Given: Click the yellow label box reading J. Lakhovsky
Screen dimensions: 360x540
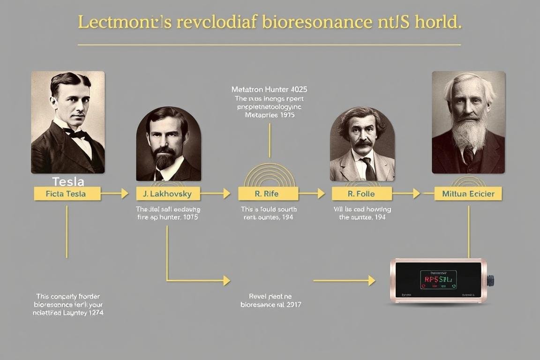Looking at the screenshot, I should tap(168, 194).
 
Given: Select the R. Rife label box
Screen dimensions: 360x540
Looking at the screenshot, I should tap(268, 194).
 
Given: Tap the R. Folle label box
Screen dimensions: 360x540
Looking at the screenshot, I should tap(362, 194).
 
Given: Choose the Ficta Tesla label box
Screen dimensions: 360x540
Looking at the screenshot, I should tap(67, 194).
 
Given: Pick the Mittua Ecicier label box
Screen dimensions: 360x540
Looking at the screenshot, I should tap(468, 194).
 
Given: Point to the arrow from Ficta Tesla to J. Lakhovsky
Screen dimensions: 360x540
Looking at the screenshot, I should tap(115, 193).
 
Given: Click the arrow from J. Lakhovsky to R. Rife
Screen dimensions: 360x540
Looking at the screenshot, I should tap(216, 193).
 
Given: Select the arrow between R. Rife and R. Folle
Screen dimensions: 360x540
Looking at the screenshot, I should tap(312, 193).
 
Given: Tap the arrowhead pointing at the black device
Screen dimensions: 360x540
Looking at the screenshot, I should tap(371, 280).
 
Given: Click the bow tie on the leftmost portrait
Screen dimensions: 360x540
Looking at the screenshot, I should tap(76, 134).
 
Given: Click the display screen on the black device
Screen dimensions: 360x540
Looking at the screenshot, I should tap(438, 279).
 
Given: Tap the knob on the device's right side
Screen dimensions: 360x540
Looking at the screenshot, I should tap(490, 280).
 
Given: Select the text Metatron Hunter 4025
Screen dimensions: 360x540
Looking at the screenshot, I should tap(270, 89).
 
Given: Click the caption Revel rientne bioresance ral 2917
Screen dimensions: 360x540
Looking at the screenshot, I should tap(271, 300).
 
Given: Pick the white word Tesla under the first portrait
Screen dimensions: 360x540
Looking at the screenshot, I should tap(68, 181).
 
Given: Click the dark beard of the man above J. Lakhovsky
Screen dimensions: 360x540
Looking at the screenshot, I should tap(165, 159).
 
